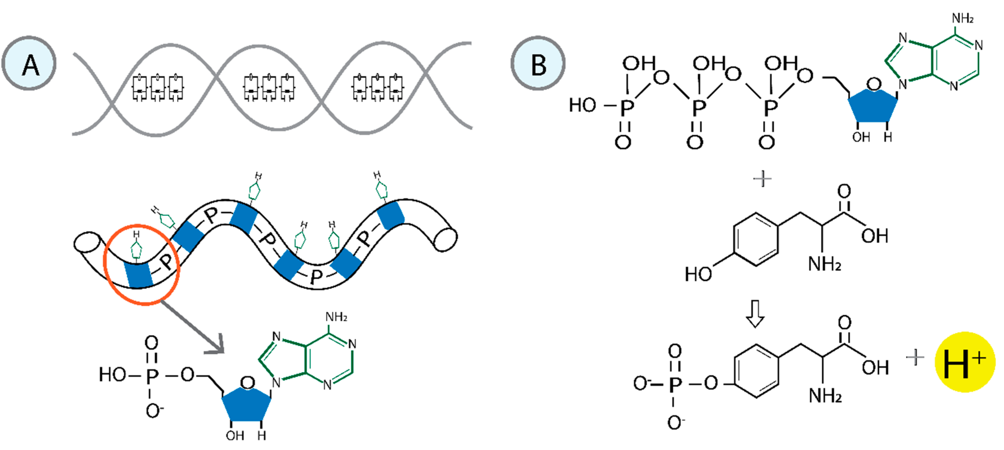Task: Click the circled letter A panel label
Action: pyautogui.click(x=29, y=63)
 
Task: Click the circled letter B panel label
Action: pyautogui.click(x=538, y=63)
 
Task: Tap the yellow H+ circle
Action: pyautogui.click(x=964, y=362)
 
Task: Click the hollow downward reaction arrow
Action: pyautogui.click(x=755, y=313)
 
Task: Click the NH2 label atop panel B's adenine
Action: pyautogui.click(x=963, y=18)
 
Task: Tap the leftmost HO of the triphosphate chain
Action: pyautogui.click(x=582, y=105)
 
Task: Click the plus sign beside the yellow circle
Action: pyautogui.click(x=914, y=357)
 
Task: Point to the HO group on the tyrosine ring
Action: pyautogui.click(x=698, y=274)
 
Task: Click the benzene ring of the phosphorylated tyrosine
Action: pyautogui.click(x=756, y=371)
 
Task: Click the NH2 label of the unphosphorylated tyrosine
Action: pyautogui.click(x=824, y=264)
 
